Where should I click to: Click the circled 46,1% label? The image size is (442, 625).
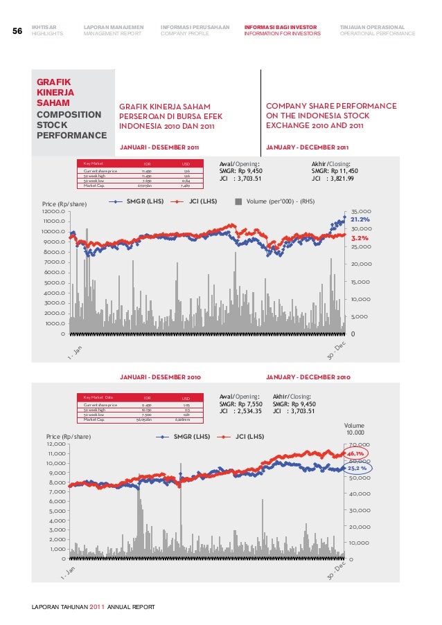point(357,453)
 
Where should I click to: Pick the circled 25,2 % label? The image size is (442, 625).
point(357,469)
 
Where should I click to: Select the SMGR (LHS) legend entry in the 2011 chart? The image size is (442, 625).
point(136,203)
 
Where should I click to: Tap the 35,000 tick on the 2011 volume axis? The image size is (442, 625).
point(362,211)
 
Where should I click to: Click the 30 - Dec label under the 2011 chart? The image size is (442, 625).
point(336,352)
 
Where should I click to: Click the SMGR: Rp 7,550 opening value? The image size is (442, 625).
point(241,403)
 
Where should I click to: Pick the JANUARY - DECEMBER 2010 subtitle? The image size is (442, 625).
point(308,377)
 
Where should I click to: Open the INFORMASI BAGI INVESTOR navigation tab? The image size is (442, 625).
point(282,28)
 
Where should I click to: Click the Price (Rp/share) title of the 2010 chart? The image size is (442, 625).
point(69,437)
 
